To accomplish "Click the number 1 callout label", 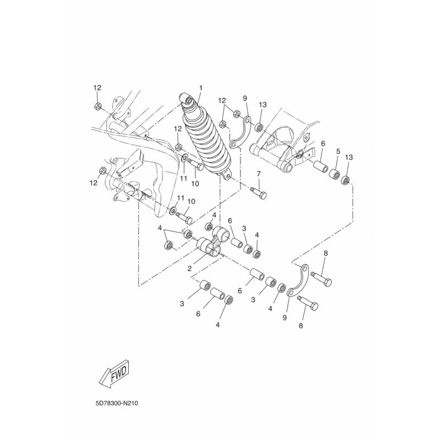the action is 201,88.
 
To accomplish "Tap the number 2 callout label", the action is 189,268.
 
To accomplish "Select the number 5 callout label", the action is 338,151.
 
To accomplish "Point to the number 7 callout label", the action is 258,174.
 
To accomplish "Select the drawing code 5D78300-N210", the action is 117,404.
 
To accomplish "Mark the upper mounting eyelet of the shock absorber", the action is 186,99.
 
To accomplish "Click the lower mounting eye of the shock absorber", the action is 226,175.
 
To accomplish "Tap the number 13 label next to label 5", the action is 349,157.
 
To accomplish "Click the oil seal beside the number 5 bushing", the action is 345,180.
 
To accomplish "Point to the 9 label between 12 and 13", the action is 245,98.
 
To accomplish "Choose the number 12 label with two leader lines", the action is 222,101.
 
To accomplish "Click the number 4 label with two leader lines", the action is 159,228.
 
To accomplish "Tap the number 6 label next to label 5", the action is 323,144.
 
